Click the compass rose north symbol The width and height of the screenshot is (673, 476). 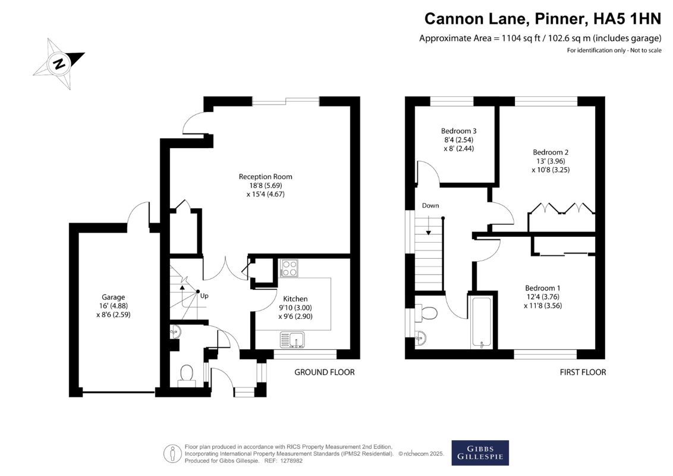coord(59,64)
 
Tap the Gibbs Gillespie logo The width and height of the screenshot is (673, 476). coord(480,453)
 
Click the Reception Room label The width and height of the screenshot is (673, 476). coord(265,177)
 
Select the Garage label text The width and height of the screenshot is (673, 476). coord(114,297)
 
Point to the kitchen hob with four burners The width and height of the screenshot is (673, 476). coord(289,268)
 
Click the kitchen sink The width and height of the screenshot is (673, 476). coord(293,339)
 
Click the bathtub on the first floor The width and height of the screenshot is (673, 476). coord(482,321)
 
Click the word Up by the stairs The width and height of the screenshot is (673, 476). coord(205,296)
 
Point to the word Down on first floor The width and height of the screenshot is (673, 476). coord(430,205)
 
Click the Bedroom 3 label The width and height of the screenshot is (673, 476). coord(459,131)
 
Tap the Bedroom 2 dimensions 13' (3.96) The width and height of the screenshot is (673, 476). coord(551,161)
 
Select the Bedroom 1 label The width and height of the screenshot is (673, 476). coord(543,288)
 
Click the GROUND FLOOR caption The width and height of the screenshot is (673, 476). coord(325,372)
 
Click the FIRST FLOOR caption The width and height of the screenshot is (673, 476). coord(583,372)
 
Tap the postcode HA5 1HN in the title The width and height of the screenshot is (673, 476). coord(627,19)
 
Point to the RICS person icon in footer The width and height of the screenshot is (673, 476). coord(172,453)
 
